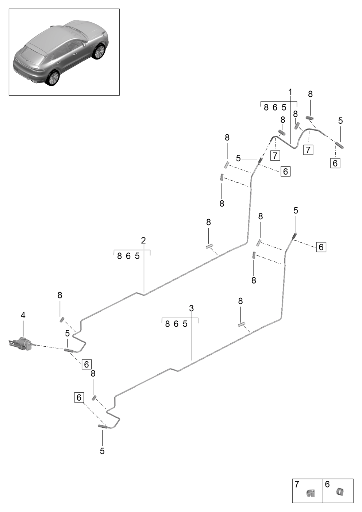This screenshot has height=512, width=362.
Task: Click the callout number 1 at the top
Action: (290, 92)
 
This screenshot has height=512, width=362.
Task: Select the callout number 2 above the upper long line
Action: (143, 240)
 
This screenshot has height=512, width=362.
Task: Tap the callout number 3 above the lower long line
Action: (191, 308)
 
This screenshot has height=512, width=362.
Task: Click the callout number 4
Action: (23, 315)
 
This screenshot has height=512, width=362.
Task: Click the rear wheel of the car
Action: (53, 78)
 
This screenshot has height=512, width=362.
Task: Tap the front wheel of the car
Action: (99, 52)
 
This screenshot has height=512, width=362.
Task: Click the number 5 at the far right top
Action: (340, 121)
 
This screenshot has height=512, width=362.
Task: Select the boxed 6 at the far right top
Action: (335, 163)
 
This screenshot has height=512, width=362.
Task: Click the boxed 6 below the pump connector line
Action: (86, 364)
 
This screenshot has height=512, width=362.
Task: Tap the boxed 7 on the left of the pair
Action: (275, 156)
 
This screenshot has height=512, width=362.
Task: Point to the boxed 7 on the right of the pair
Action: (308, 150)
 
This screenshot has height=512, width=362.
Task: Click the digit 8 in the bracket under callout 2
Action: (119, 256)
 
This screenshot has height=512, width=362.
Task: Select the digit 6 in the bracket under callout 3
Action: (176, 324)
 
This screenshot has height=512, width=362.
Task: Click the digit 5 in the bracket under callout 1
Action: (284, 107)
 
